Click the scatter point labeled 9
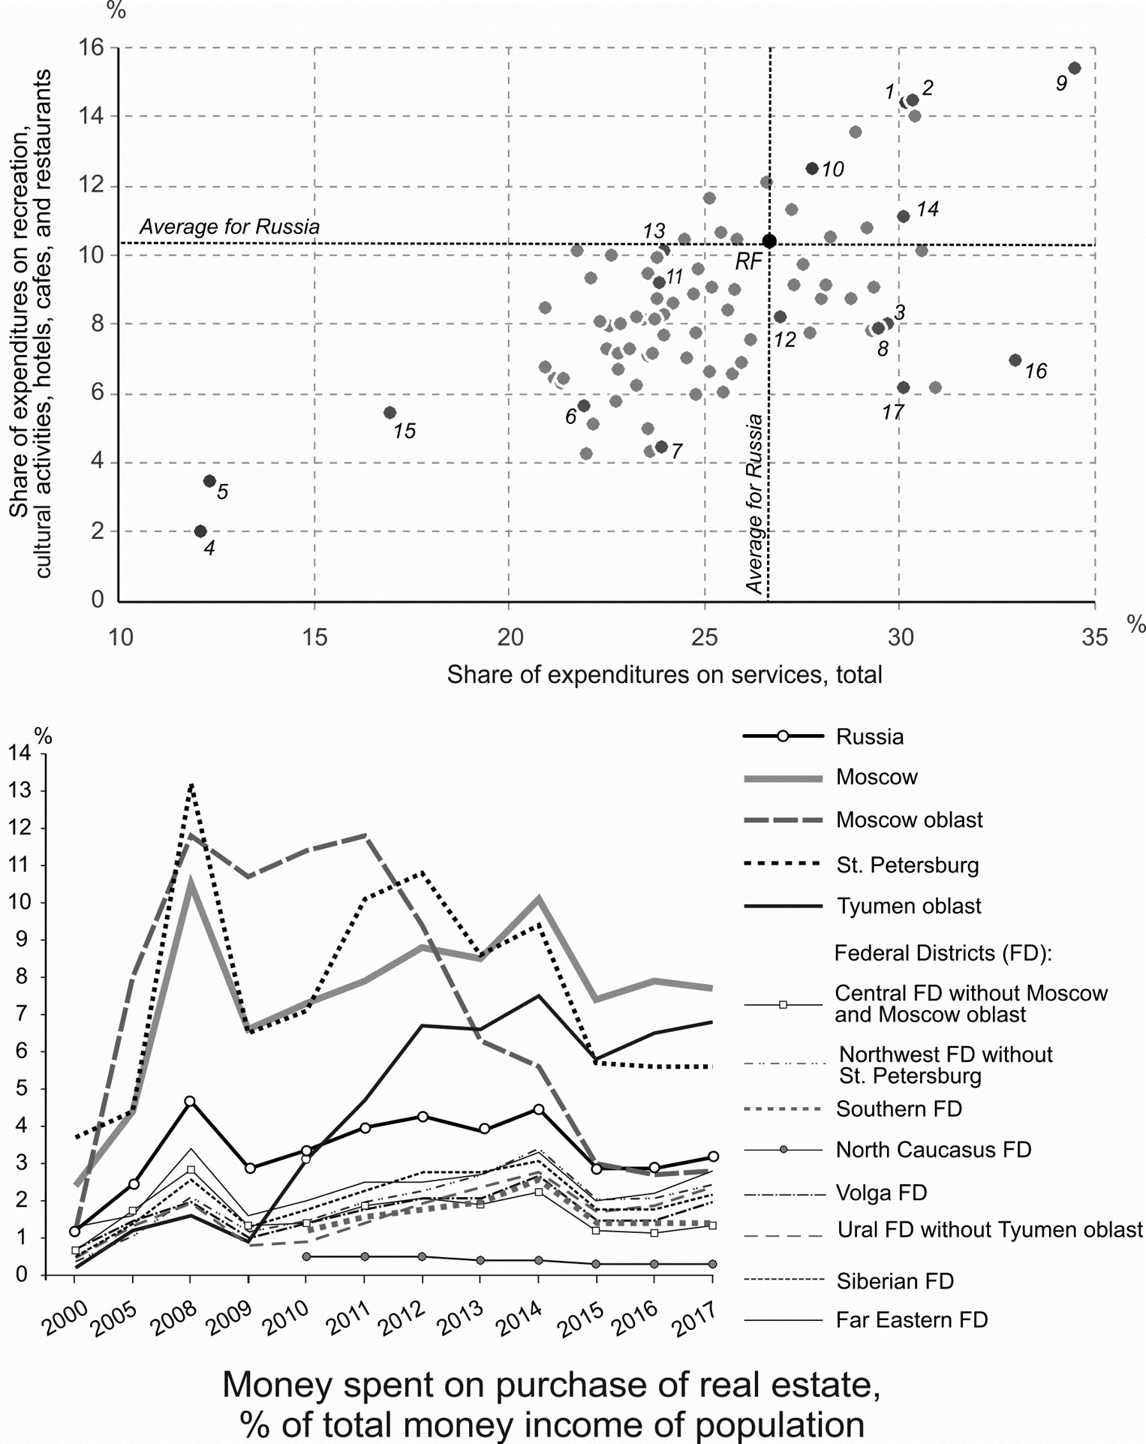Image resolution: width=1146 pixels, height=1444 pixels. (x=1074, y=68)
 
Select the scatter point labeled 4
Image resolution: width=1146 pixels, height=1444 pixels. (x=200, y=531)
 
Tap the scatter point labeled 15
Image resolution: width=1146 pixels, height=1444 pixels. (x=390, y=413)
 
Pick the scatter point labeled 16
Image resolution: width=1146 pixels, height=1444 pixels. (x=1015, y=360)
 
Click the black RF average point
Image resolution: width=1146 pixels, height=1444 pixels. (x=769, y=241)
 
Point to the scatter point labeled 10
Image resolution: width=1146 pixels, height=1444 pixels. (x=812, y=169)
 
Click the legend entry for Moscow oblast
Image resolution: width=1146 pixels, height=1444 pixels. (x=909, y=820)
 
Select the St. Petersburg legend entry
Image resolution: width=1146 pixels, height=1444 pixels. (x=907, y=865)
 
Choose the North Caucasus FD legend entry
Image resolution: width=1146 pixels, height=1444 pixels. (x=933, y=1150)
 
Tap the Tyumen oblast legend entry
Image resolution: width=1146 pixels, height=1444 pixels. (x=909, y=907)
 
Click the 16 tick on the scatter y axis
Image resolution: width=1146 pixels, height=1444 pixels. (x=94, y=47)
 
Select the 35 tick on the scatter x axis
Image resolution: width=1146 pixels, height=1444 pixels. (x=1095, y=638)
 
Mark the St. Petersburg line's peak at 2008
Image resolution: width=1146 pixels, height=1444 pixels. (x=191, y=784)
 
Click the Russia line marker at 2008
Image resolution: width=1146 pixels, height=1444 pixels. (x=190, y=1101)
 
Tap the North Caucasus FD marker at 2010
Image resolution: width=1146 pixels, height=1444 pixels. (x=306, y=1256)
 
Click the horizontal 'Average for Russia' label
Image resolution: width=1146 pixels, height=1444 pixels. (x=230, y=227)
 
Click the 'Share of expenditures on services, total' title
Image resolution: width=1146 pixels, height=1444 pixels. (x=664, y=675)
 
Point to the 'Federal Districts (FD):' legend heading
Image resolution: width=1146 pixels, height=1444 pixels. (x=943, y=953)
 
